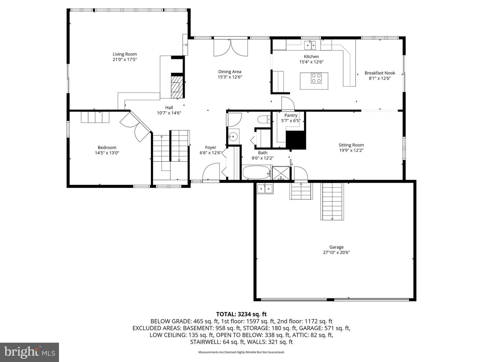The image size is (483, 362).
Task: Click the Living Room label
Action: click(124, 54)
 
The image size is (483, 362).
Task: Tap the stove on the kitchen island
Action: click(316, 78)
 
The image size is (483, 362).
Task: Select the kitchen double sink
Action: click(310, 45)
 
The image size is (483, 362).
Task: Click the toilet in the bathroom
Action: click(264, 119)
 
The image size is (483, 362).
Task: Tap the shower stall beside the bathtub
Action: click(281, 173)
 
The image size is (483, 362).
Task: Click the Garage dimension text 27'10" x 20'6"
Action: click(336, 253)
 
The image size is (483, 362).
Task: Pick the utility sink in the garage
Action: click(265, 189)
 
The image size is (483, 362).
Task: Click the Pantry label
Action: click(291, 115)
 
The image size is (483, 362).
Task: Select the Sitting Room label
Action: click(351, 145)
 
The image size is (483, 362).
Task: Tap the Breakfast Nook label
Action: click(380, 73)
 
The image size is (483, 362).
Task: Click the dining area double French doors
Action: click(231, 48)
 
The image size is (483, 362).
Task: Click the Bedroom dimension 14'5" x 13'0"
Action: click(107, 153)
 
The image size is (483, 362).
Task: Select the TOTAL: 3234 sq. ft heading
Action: click(241, 314)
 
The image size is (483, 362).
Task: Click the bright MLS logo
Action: click(30, 352)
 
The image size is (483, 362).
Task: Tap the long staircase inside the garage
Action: click(332, 201)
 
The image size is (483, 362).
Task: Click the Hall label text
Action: click(169, 108)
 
